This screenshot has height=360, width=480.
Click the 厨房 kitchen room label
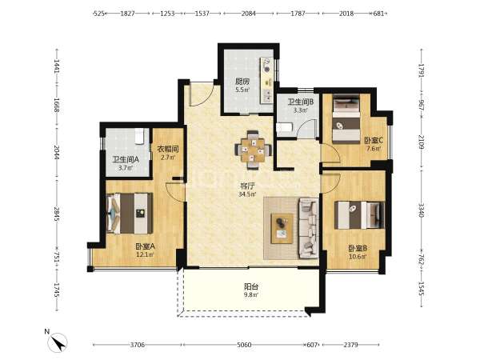pos(242,82)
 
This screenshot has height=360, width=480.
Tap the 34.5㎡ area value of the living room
pos(247,194)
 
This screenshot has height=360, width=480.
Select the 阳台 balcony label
pos(251,286)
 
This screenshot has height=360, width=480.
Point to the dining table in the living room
pos(253,150)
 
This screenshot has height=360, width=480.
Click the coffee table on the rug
pos(282,228)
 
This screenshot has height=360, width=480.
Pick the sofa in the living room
pos(309,228)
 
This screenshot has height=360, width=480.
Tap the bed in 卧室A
pos(130,213)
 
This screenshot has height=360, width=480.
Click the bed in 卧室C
pos(346,119)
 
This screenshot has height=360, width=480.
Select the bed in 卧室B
pos(359,215)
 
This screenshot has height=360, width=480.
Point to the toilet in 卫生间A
pos(139,136)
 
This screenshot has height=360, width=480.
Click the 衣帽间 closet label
pos(168,149)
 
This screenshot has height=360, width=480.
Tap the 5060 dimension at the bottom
pos(244,345)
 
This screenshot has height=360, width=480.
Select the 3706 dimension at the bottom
pos(137,345)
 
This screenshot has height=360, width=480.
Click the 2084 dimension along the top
pos(248,14)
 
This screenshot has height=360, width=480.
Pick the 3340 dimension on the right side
pos(422,210)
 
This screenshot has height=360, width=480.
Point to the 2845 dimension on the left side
pos(57,214)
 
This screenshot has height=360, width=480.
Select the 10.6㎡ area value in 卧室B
pos(358,257)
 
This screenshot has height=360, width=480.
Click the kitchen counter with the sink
pos(266,81)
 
